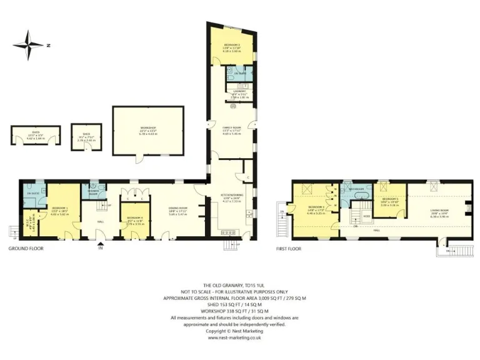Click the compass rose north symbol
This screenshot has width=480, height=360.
coord(28,44)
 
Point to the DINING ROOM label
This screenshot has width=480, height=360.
coord(177,208)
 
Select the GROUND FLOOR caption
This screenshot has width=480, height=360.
coord(26,249)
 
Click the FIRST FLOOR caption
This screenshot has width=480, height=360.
coord(289,249)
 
